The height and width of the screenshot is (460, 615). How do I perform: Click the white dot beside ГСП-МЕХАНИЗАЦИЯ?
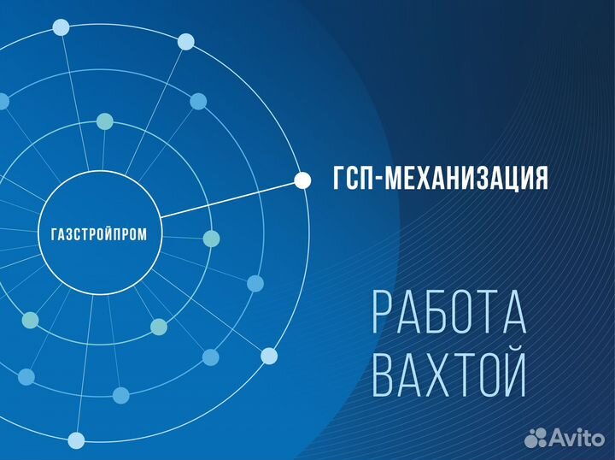pyautogui.click(x=302, y=180)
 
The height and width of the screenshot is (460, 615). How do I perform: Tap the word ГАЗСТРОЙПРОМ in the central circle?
pyautogui.click(x=99, y=234)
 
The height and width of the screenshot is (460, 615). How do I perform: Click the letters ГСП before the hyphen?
pyautogui.click(x=351, y=178)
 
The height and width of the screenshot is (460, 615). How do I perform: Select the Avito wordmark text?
pyautogui.click(x=577, y=436)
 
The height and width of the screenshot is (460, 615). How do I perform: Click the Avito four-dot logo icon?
pyautogui.click(x=536, y=437)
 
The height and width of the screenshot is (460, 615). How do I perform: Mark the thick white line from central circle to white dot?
pyautogui.click(x=227, y=199)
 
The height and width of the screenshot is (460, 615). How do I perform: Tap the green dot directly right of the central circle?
pyautogui.click(x=212, y=239)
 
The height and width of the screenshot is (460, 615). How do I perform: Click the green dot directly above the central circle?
pyautogui.click(x=105, y=121)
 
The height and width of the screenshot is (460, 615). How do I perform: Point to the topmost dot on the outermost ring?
pyautogui.click(x=61, y=27)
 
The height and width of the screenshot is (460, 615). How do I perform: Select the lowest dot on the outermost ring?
pyautogui.click(x=76, y=440)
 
